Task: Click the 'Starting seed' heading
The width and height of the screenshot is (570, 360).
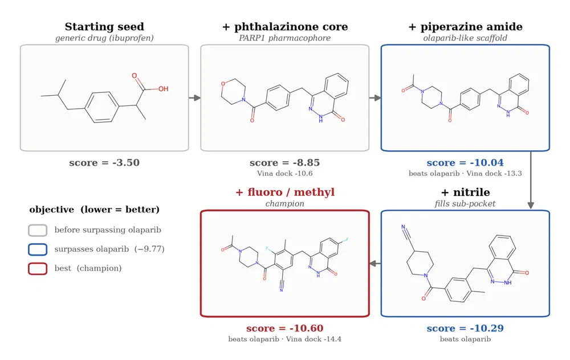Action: pyautogui.click(x=104, y=27)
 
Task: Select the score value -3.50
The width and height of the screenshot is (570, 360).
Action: pyautogui.click(x=126, y=162)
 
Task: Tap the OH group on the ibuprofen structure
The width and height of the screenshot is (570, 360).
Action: pyautogui.click(x=163, y=89)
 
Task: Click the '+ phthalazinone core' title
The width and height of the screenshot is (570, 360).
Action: pyautogui.click(x=285, y=27)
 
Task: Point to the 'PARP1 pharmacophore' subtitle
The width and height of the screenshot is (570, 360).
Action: pyautogui.click(x=284, y=38)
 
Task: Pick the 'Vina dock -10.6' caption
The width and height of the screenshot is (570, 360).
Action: pyautogui.click(x=284, y=173)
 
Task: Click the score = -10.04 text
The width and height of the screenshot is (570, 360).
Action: pyautogui.click(x=465, y=162)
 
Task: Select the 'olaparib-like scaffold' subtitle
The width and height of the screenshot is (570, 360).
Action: pyautogui.click(x=465, y=38)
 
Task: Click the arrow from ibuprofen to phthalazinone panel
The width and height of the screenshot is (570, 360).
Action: pyautogui.click(x=194, y=98)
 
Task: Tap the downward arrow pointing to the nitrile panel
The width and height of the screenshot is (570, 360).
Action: pyautogui.click(x=531, y=180)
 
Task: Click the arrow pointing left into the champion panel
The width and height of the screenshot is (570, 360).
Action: pyautogui.click(x=375, y=263)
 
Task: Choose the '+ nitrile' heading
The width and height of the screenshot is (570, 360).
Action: pyautogui.click(x=465, y=192)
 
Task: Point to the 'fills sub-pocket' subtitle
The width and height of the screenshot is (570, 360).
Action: pyautogui.click(x=465, y=204)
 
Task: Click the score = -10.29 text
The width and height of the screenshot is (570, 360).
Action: pyautogui.click(x=465, y=328)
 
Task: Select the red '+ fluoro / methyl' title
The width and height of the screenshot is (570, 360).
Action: pyautogui.click(x=285, y=192)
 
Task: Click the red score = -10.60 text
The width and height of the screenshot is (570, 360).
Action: pyautogui.click(x=284, y=328)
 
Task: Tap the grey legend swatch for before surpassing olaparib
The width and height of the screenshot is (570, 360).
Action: pyautogui.click(x=38, y=230)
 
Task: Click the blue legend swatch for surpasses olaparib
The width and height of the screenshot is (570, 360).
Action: pyautogui.click(x=38, y=249)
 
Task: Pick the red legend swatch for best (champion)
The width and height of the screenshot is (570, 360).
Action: pyautogui.click(x=38, y=269)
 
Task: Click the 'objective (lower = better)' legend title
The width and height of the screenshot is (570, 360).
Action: pyautogui.click(x=95, y=210)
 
